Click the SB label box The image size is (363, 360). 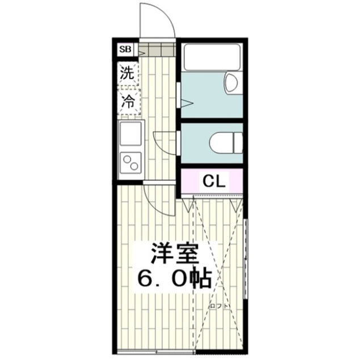coord(125,50)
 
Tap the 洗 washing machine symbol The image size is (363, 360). coord(128,73)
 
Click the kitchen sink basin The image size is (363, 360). coord(131,134)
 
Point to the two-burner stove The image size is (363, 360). coord(131,164)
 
